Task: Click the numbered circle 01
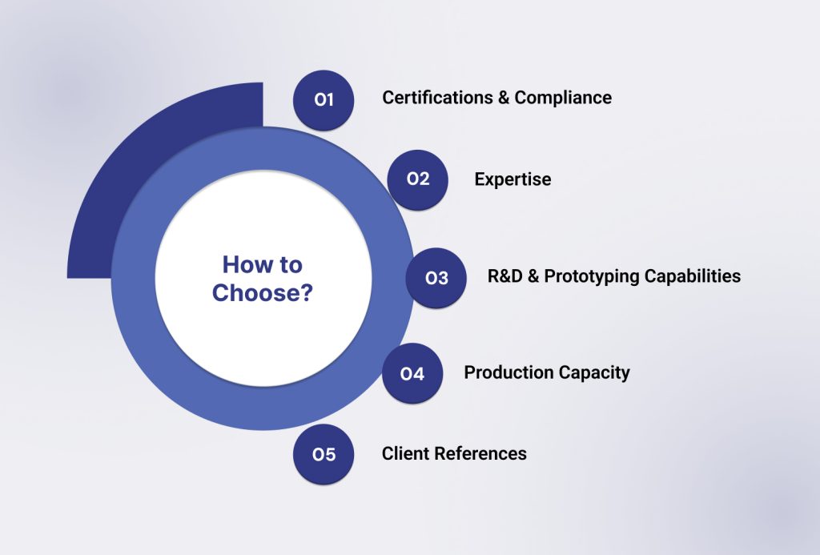pyautogui.click(x=324, y=100)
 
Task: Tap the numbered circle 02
pyautogui.click(x=418, y=179)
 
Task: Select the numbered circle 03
pyautogui.click(x=436, y=278)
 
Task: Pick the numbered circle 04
pyautogui.click(x=412, y=373)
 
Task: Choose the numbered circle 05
pyautogui.click(x=324, y=455)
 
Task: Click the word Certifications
pyautogui.click(x=437, y=98)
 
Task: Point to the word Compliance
pyautogui.click(x=563, y=98)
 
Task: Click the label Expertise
pyautogui.click(x=512, y=179)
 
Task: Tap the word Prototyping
pyautogui.click(x=592, y=277)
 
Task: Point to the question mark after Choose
pyautogui.click(x=307, y=293)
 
